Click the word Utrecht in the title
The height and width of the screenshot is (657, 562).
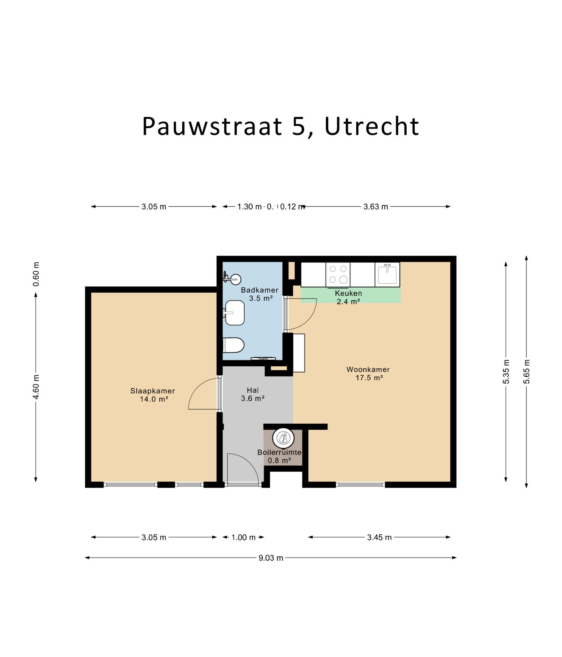[371, 126]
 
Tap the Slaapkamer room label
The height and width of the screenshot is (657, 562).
[153, 394]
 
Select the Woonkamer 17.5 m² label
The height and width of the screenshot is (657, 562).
[368, 373]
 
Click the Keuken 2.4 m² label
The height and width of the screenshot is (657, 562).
[348, 297]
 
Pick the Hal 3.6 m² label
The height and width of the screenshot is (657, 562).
[253, 394]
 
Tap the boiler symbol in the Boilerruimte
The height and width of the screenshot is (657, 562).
[283, 438]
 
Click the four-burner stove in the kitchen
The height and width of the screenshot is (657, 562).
[338, 274]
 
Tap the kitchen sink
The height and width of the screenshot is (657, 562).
[387, 274]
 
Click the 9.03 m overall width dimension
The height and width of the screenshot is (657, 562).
[270, 558]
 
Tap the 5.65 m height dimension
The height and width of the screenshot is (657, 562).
[526, 371]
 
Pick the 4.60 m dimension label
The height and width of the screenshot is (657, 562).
[36, 387]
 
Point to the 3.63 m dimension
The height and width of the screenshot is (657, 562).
[375, 207]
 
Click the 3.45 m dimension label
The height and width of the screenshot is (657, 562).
[379, 537]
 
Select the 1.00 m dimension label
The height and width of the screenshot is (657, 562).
[243, 537]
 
